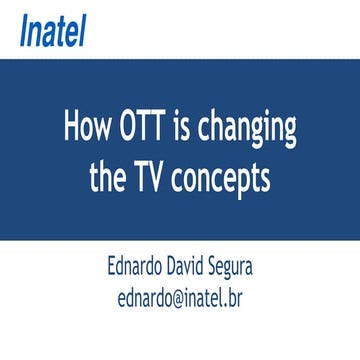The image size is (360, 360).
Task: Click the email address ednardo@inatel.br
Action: click(x=180, y=297)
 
